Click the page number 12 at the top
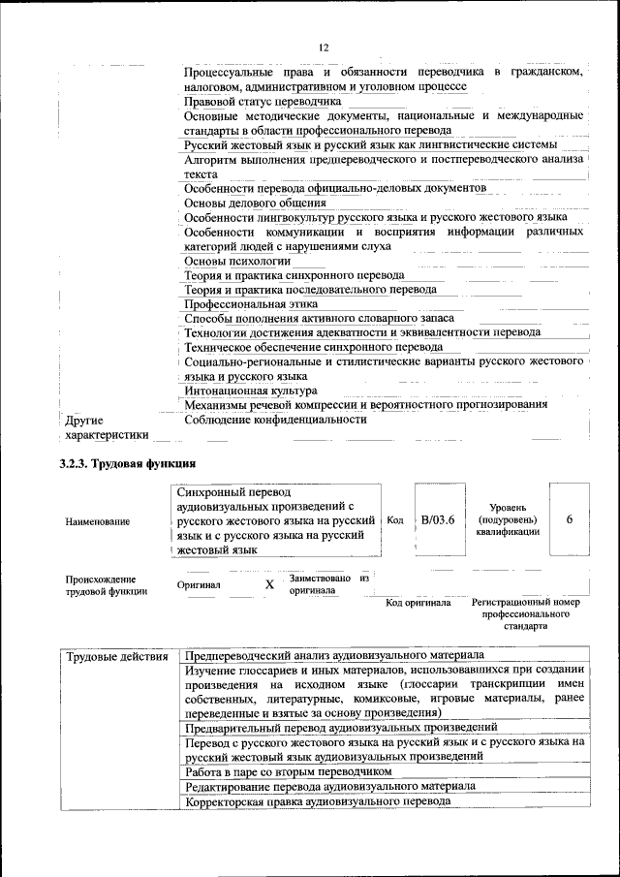pyautogui.click(x=324, y=47)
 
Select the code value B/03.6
pyautogui.click(x=438, y=519)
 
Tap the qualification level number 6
pyautogui.click(x=569, y=519)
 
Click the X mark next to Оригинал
pyautogui.click(x=269, y=585)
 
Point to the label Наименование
pyautogui.click(x=98, y=521)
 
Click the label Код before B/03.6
pyautogui.click(x=395, y=520)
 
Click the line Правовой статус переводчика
pyautogui.click(x=263, y=101)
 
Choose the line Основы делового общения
pyautogui.click(x=255, y=203)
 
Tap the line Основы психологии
pyautogui.click(x=237, y=261)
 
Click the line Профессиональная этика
pyautogui.click(x=251, y=303)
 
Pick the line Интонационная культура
pyautogui.click(x=251, y=390)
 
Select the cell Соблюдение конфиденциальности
pyautogui.click(x=276, y=420)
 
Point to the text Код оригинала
pyautogui.click(x=418, y=603)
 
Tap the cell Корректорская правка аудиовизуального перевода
pyautogui.click(x=319, y=801)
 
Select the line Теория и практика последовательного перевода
pyautogui.click(x=311, y=289)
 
